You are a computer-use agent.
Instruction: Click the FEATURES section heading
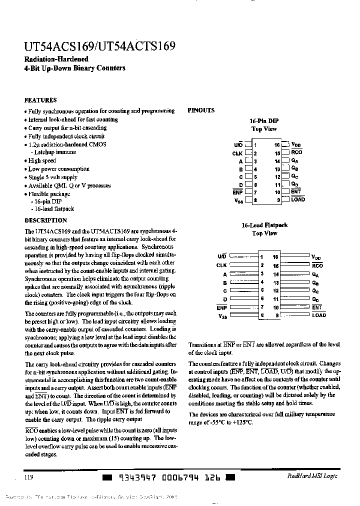tap(40, 100)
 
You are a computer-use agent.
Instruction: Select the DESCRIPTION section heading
tap(45, 220)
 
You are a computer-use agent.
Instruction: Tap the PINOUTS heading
tap(201, 110)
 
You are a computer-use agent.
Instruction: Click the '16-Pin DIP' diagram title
tap(264, 121)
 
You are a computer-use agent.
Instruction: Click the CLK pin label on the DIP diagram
tap(237, 153)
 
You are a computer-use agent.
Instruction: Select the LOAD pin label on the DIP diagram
tap(298, 199)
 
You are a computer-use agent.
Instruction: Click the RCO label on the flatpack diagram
tap(317, 265)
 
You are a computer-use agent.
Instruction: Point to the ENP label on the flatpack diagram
tap(222, 307)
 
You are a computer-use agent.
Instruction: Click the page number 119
tap(29, 477)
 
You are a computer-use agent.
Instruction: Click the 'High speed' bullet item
tap(41, 161)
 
